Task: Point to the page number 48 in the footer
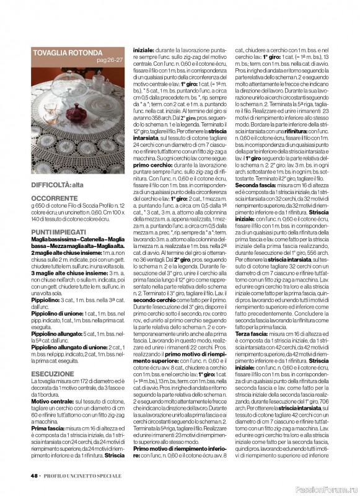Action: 33,476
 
